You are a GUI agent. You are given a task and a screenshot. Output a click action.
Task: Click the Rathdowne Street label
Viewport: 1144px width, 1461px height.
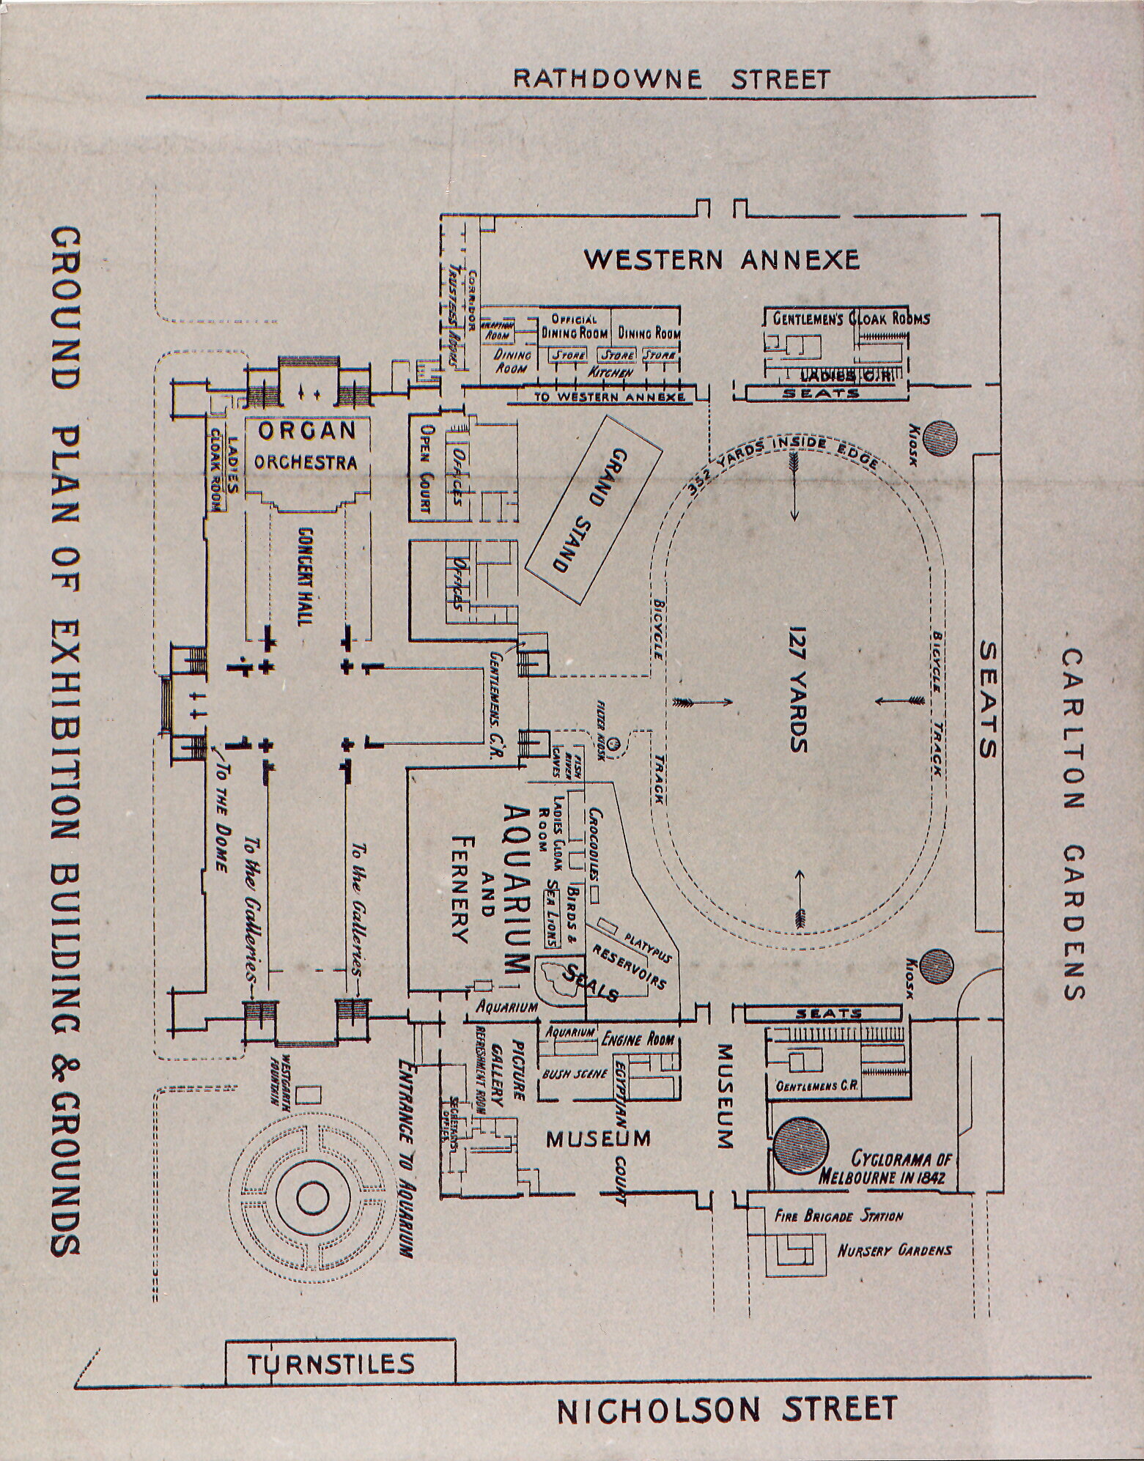point(671,78)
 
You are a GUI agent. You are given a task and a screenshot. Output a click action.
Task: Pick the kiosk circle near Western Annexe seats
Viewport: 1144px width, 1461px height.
point(940,438)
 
